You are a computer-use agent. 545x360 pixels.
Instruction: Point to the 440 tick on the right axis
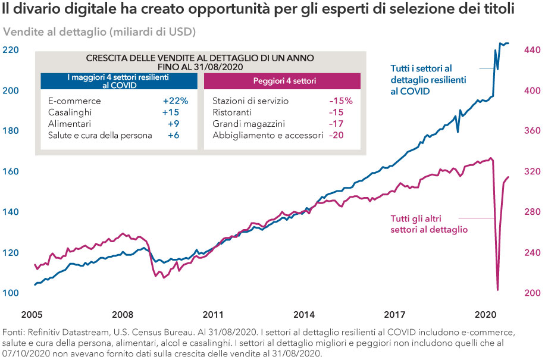pyautogui.click(x=531, y=50)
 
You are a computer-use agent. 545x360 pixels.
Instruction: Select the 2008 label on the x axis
pyautogui.click(x=122, y=313)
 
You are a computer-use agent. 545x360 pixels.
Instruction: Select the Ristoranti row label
pyautogui.click(x=232, y=112)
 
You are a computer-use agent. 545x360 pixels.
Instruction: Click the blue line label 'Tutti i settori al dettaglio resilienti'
pyautogui.click(x=428, y=80)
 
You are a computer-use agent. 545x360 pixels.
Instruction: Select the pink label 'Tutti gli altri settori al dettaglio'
pyautogui.click(x=428, y=224)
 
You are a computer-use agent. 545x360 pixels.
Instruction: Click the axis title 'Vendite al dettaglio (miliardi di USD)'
pyautogui.click(x=99, y=31)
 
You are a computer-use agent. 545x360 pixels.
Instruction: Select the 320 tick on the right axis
pyautogui.click(x=531, y=171)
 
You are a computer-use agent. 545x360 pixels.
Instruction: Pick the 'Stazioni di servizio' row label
pyautogui.click(x=250, y=101)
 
